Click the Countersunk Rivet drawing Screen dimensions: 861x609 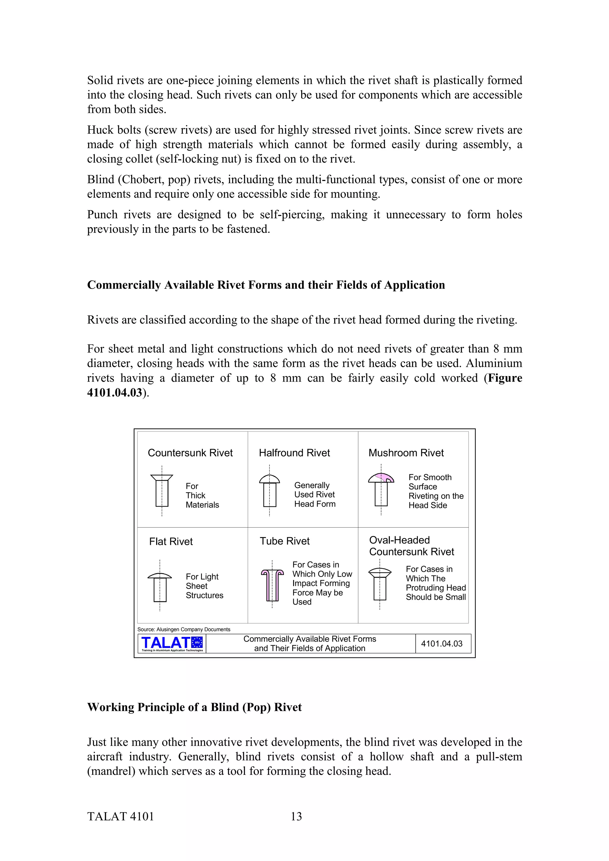pos(162,491)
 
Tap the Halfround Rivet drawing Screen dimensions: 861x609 pos(269,491)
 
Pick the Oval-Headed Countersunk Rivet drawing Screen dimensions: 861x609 pos(380,584)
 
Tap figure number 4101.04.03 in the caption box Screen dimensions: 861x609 pos(442,644)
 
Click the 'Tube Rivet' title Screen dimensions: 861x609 pos(285,541)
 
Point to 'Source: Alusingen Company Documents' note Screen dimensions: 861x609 pos(184,629)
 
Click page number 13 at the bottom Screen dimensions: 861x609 pos(296,816)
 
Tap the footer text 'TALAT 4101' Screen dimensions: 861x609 pos(120,816)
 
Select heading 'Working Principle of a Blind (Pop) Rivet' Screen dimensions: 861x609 pos(194,707)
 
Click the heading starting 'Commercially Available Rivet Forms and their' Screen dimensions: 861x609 pos(266,285)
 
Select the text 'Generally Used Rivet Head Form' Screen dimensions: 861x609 pos(314,494)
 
